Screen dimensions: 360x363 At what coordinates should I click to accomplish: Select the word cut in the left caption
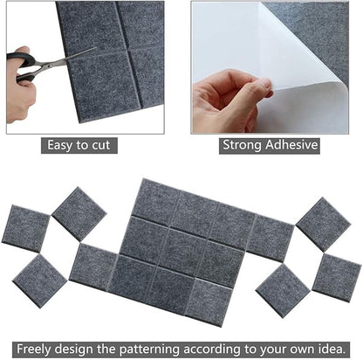[106, 146]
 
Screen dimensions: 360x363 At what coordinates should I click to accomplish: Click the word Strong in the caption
[243, 146]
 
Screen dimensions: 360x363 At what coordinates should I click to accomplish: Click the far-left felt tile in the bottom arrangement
[25, 227]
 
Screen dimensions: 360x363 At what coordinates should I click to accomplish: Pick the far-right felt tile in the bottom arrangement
[336, 277]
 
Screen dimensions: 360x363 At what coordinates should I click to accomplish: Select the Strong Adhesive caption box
[270, 146]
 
